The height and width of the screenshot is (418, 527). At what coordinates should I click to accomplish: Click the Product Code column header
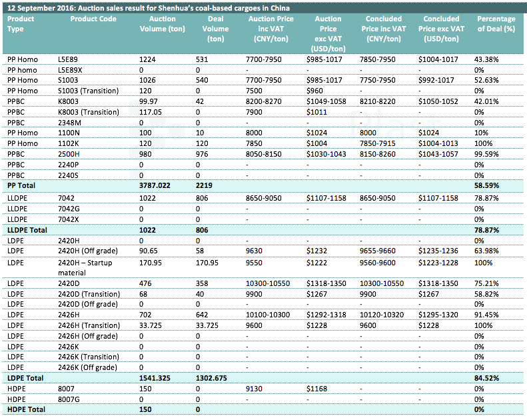[93, 19]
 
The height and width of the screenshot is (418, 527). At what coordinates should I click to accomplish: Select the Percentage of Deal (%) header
[496, 24]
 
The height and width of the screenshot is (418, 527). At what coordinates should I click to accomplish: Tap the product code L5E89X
[70, 70]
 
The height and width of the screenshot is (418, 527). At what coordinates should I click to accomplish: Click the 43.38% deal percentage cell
[486, 59]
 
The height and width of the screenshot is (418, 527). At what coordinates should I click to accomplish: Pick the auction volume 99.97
[148, 101]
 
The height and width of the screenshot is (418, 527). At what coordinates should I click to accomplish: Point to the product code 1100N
[69, 133]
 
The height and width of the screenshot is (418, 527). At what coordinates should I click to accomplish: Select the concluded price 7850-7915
[378, 143]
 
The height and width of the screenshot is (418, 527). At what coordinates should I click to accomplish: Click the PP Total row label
[21, 185]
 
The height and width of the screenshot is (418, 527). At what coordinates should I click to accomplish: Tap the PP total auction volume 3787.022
[155, 185]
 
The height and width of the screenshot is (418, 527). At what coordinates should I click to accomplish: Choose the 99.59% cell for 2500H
[486, 154]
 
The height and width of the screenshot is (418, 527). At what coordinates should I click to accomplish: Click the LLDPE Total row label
[27, 230]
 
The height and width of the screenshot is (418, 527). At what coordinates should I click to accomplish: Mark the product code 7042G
[69, 209]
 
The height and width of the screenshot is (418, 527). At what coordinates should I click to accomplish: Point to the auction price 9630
[254, 251]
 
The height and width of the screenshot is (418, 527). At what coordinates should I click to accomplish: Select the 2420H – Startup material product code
[85, 268]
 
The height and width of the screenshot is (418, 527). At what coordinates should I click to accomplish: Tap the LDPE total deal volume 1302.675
[211, 378]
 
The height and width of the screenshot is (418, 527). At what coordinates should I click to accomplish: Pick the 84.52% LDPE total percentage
[486, 378]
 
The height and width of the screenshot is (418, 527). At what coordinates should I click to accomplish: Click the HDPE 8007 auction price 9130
[254, 389]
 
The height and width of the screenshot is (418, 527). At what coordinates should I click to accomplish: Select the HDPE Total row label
[26, 409]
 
